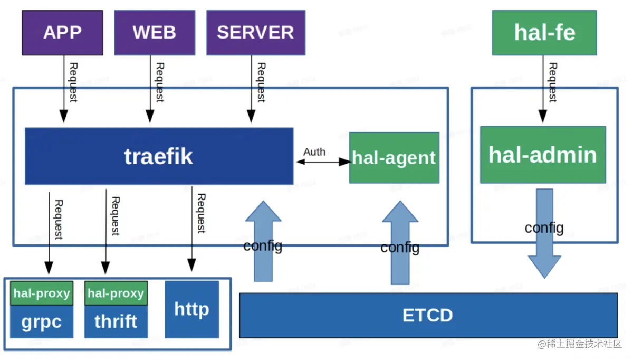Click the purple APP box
[x=62, y=33]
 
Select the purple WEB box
[x=155, y=33]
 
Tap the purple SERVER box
[x=256, y=33]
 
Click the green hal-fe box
[x=544, y=33]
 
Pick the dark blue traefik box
[x=159, y=156]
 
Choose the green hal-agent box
[x=394, y=158]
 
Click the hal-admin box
[x=543, y=155]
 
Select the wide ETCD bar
[x=428, y=315]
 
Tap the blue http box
[x=192, y=309]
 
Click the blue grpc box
[x=42, y=321]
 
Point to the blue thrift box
[x=116, y=321]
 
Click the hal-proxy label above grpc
[x=42, y=293]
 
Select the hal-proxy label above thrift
[x=116, y=293]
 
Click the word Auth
[x=314, y=152]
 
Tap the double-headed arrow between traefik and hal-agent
[x=323, y=162]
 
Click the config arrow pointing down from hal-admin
[x=544, y=233]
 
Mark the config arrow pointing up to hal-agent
[x=400, y=243]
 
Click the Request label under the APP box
[x=73, y=82]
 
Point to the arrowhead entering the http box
[x=191, y=265]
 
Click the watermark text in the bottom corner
[x=580, y=344]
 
